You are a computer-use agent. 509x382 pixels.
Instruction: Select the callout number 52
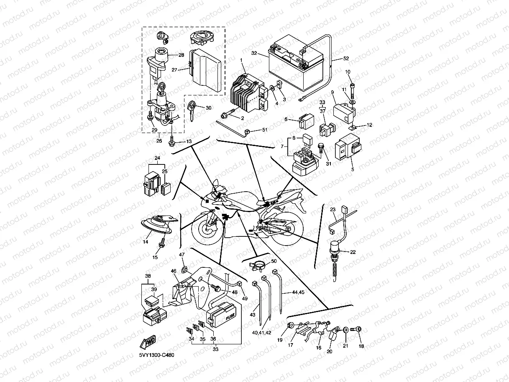(x=345, y=58)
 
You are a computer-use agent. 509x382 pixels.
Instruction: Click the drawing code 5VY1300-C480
(x=157, y=355)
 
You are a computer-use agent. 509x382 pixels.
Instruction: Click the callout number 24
(x=157, y=158)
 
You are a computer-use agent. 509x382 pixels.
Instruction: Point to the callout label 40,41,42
(x=261, y=333)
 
